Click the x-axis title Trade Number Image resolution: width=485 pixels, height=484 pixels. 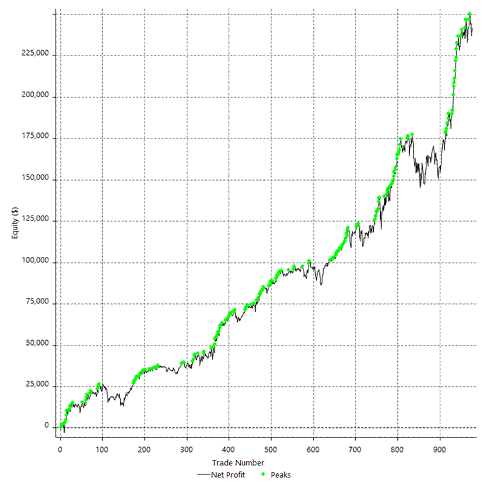point(242,463)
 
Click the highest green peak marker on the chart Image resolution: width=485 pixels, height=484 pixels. point(469,15)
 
